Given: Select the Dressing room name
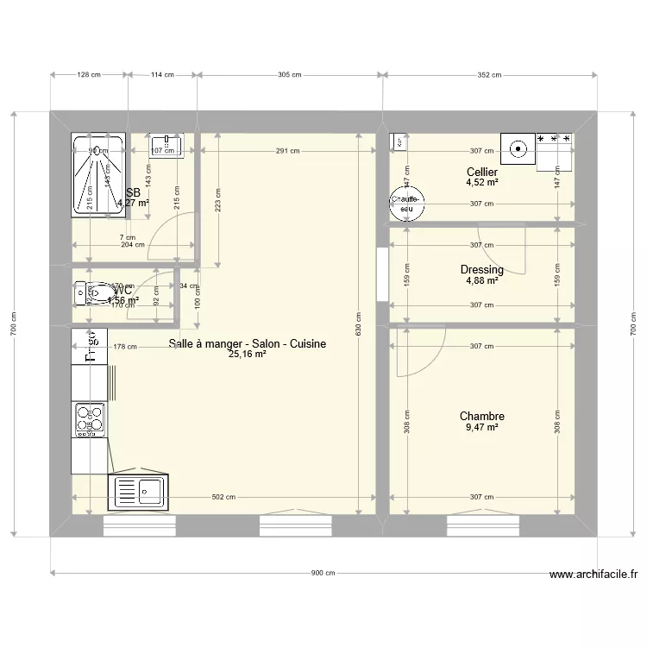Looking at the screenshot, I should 481,270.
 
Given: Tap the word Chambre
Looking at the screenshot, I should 481,417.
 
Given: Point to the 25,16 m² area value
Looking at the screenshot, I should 247,355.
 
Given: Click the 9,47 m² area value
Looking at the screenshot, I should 481,427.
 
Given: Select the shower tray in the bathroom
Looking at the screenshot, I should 97,174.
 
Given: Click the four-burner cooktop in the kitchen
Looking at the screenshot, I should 90,419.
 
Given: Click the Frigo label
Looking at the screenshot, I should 89,347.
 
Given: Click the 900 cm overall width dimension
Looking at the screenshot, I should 323,572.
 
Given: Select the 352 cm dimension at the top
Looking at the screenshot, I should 489,75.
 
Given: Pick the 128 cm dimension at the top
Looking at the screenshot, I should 90,75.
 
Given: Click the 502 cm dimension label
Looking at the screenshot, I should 223,497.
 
